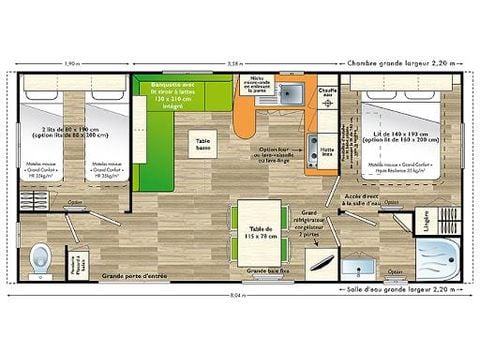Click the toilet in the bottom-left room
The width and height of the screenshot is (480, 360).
pos(41,258)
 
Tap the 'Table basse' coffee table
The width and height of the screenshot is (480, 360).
pos(204,144)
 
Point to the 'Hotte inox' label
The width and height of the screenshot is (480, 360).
pos(326,151)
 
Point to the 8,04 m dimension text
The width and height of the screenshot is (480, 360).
pos(236,296)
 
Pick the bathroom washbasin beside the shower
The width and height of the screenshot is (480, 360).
pos(358,265)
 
